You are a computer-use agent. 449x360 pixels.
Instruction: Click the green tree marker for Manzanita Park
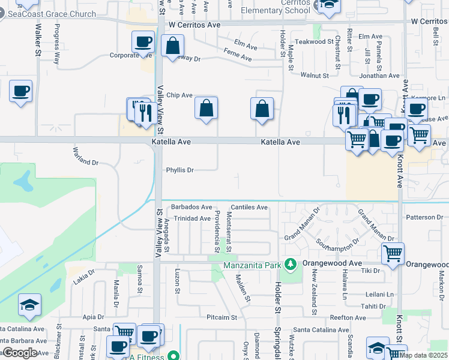point(291,264)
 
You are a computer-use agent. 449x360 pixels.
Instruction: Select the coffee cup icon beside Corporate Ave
point(143,42)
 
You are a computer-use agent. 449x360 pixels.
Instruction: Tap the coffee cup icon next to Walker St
point(21,92)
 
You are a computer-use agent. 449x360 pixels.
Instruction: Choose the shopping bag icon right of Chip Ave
point(206,109)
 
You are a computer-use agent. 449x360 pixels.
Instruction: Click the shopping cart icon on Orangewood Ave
point(392,253)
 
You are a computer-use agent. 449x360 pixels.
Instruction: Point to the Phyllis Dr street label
point(179,170)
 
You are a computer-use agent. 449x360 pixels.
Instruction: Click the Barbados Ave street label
point(191,207)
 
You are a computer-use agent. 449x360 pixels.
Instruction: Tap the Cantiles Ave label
point(249,207)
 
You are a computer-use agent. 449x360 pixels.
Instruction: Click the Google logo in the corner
point(20,353)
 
